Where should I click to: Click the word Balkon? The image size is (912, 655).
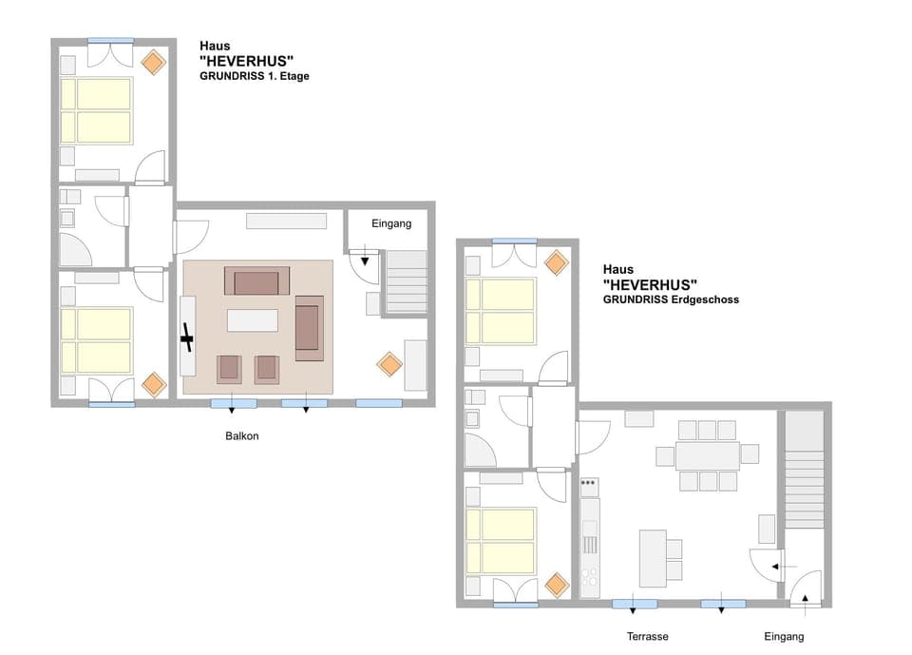pos(242,436)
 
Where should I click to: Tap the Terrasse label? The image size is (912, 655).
pos(647,636)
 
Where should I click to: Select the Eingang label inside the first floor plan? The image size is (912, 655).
pos(391,224)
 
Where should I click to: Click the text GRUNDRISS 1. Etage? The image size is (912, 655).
pos(255,76)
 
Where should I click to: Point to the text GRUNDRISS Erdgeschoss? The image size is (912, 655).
pos(670,299)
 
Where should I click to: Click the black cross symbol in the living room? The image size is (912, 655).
pos(187,337)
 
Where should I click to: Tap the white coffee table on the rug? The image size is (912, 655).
pos(253,320)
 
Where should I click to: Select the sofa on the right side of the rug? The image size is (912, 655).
pos(309,328)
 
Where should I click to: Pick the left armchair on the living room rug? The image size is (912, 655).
pos(229,368)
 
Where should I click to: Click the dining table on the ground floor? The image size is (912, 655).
pos(707,455)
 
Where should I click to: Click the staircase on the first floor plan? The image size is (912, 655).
pos(407,281)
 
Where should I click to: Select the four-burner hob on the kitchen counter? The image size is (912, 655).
pos(590,576)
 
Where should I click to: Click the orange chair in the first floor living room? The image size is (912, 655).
pos(389,363)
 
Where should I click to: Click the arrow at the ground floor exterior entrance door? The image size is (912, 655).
pos(806,598)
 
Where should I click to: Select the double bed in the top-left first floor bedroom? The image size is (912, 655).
pos(96,110)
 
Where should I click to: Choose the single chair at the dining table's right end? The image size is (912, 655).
pos(750,453)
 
